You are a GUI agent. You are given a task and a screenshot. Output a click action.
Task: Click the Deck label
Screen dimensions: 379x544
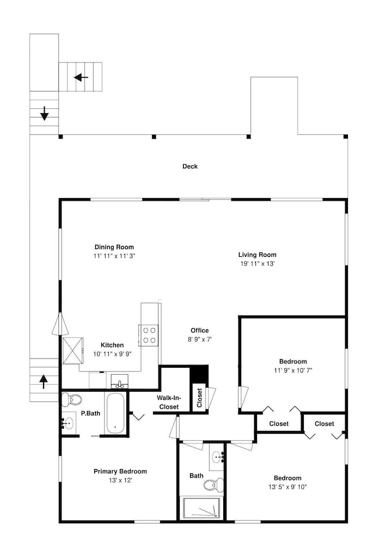tap(190, 166)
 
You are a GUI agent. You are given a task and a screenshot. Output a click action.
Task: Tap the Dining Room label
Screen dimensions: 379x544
tap(114, 247)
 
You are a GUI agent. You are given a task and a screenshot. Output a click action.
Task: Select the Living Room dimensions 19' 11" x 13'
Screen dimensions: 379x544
tap(258, 264)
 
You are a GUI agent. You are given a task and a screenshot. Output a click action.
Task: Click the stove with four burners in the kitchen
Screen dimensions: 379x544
tap(149, 336)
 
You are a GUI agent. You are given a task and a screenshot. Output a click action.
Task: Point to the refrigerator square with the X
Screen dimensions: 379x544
tap(74, 350)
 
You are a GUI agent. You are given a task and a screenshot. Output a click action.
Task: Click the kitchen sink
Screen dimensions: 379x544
tap(119, 382)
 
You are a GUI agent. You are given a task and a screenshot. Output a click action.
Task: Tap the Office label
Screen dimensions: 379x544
tap(200, 330)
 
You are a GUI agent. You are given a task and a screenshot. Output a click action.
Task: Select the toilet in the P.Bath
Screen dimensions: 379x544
tap(72, 399)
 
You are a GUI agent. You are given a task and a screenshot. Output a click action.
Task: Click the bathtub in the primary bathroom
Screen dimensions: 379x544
tap(115, 413)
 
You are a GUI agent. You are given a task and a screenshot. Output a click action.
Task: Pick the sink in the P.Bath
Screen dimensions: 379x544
tap(69, 423)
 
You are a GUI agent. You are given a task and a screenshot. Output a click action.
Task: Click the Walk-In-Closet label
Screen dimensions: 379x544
tap(169, 403)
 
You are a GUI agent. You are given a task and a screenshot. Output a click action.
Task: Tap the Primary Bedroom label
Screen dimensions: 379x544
tap(120, 471)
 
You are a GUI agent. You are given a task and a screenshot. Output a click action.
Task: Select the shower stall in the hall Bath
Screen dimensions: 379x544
tap(201, 509)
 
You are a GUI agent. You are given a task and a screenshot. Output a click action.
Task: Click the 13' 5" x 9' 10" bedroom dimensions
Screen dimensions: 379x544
tap(288, 487)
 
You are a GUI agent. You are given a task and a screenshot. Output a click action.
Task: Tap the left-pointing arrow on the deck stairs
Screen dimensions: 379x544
tap(81, 77)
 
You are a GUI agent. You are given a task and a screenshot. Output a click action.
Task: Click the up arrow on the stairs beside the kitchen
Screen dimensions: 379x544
tap(44, 381)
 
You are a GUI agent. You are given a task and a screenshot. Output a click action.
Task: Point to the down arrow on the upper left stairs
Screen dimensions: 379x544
tap(45, 114)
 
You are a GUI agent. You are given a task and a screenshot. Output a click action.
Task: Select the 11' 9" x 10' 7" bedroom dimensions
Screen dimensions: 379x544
tap(293, 370)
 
